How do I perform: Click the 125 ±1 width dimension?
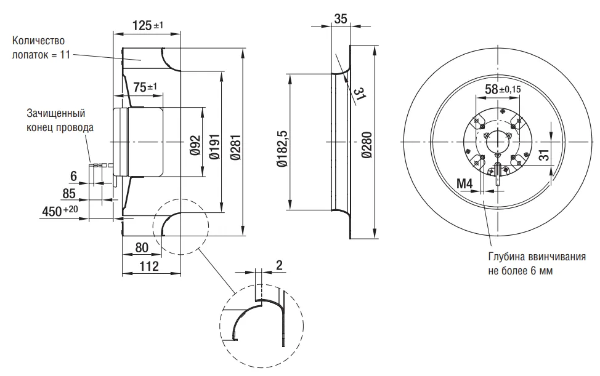[148, 26]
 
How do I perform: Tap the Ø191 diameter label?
[215, 146]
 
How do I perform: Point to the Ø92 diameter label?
[195, 146]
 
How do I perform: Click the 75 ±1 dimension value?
[145, 87]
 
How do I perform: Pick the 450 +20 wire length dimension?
[60, 210]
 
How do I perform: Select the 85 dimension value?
[69, 194]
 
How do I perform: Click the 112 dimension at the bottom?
[148, 266]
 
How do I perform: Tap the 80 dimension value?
[142, 247]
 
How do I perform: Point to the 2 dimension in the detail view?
[279, 265]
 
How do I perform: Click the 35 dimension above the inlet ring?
[341, 18]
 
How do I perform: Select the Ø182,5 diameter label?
[283, 149]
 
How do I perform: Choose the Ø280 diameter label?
[367, 145]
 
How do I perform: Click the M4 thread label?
[465, 184]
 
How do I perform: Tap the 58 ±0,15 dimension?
[503, 89]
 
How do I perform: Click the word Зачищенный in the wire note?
[56, 113]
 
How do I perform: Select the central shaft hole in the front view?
[498, 142]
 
